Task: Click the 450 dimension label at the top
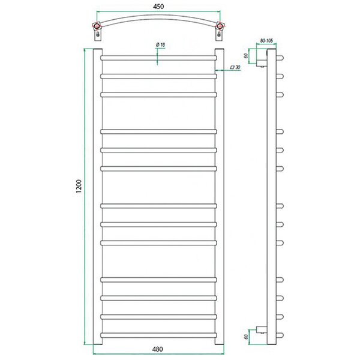[158, 7]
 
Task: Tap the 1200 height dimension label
[79, 186]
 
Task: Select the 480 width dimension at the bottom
[157, 349]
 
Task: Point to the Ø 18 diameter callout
[160, 45]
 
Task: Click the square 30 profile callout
[235, 67]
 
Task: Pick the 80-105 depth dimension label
[266, 41]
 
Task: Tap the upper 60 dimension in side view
[245, 56]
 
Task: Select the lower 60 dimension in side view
[246, 337]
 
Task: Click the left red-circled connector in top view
[97, 26]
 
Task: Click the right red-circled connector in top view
[220, 26]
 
